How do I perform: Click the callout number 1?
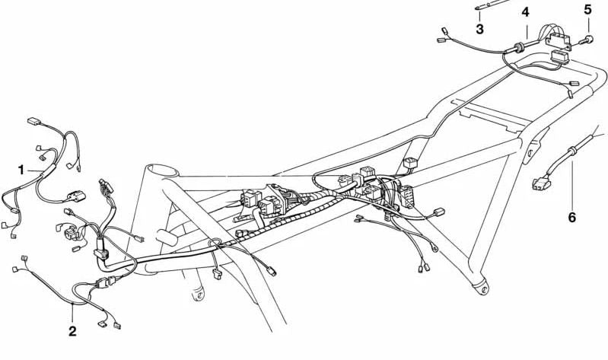click(21, 170)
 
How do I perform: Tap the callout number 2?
click(72, 331)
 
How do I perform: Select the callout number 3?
click(479, 29)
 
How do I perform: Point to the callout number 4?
click(525, 12)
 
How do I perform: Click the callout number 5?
click(588, 10)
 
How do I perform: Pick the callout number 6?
click(572, 217)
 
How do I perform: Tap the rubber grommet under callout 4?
click(519, 47)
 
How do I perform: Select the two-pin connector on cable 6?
click(542, 184)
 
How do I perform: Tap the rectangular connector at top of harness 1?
click(34, 122)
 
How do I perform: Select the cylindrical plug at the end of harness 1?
click(78, 196)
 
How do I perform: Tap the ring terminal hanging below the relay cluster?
click(435, 247)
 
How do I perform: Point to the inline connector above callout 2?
click(106, 283)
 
